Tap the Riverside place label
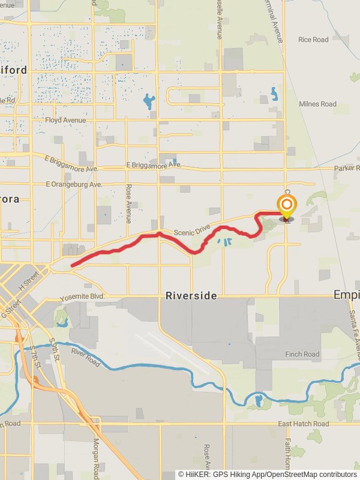[x=191, y=296]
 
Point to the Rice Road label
[x=313, y=40]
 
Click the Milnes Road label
[x=318, y=104]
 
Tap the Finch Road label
[x=302, y=354]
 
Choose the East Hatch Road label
[x=304, y=424]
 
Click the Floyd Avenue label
[x=65, y=120]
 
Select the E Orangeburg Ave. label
[x=74, y=184]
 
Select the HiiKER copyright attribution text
[x=267, y=474]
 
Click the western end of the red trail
[x=72, y=265]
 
